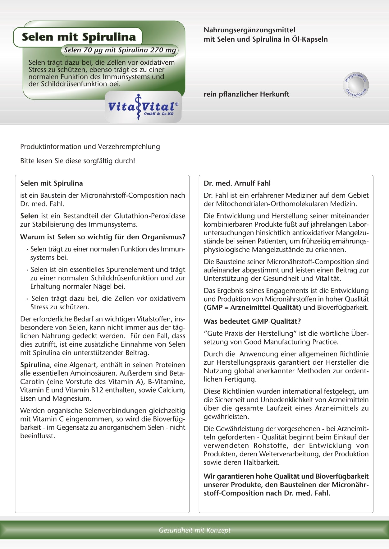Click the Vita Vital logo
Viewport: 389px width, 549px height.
coord(143,107)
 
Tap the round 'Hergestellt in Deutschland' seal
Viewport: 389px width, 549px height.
coord(356,85)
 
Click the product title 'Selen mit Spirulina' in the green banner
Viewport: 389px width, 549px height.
coord(79,37)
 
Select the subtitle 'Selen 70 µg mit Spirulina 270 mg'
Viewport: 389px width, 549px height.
coord(120,50)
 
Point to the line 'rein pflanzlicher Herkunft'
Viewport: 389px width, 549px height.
coord(246,94)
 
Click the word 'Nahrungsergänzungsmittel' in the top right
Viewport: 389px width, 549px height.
coord(249,30)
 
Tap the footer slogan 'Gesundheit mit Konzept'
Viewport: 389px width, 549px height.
coord(194,530)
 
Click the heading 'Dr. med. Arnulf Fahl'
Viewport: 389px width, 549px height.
coord(237,183)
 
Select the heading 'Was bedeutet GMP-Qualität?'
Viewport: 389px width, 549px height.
coord(252,321)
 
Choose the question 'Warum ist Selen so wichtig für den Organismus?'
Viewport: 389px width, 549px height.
coord(103,237)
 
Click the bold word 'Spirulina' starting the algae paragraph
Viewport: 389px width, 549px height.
coord(35,365)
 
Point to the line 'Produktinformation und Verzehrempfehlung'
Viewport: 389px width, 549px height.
coord(90,146)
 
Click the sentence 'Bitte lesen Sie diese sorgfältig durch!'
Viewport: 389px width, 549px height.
coord(78,161)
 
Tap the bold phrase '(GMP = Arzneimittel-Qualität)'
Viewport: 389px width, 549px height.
coord(252,308)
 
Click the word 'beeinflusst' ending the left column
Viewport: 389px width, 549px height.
coord(38,436)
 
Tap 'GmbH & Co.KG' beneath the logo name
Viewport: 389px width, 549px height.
coord(158,114)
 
